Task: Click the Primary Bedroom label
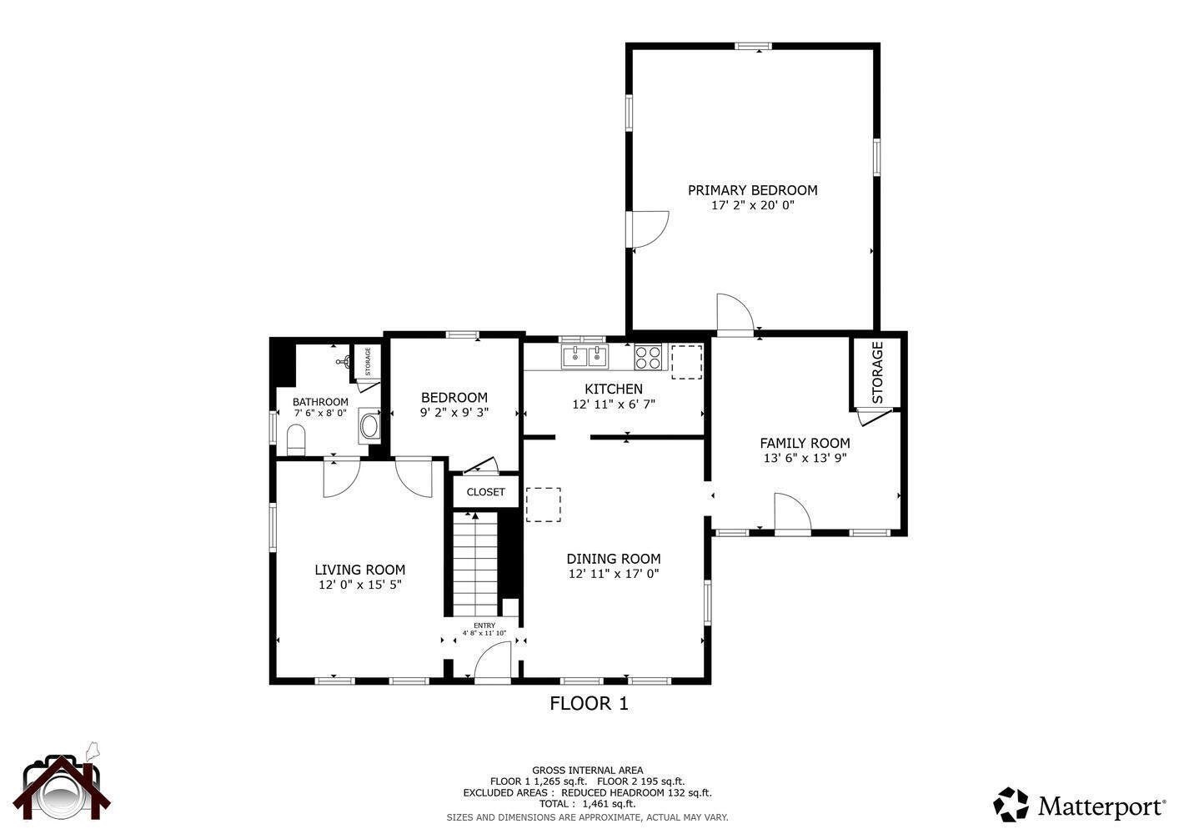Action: pos(752,190)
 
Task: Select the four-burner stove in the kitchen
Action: pos(648,357)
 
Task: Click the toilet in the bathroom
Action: pos(296,439)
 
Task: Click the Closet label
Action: pos(485,492)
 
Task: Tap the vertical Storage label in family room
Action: pos(877,372)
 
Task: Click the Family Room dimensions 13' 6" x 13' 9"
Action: pos(805,458)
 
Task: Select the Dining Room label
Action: pos(614,559)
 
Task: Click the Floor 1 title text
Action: pos(589,703)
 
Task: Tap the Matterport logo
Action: pos(1079,805)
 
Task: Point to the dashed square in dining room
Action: pos(544,505)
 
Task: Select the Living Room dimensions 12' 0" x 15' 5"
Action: pos(360,585)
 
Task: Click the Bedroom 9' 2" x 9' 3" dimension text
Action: pos(454,411)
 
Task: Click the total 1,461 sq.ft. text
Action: pos(588,804)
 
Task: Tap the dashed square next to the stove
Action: pos(686,361)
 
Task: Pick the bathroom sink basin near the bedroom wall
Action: pos(369,425)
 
